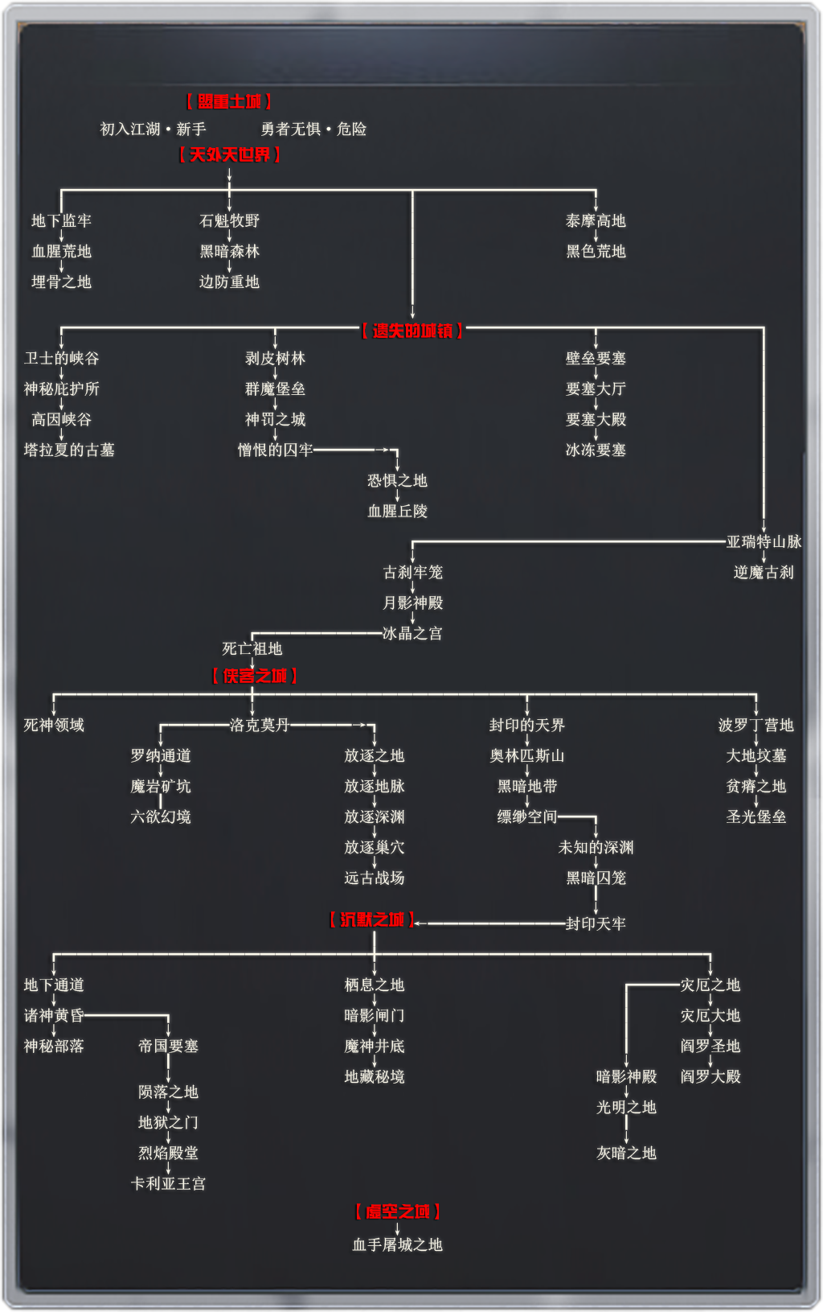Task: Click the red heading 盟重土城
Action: click(x=229, y=101)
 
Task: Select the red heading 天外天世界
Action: click(x=229, y=154)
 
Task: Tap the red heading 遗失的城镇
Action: click(x=412, y=331)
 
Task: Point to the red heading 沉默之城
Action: click(x=372, y=919)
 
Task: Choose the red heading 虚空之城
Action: click(x=397, y=1211)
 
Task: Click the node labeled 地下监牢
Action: click(x=61, y=220)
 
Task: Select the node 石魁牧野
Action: click(x=229, y=220)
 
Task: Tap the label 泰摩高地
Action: click(x=596, y=220)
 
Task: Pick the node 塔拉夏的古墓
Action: click(x=69, y=450)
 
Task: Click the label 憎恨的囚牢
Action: click(x=275, y=450)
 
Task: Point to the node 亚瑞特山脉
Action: click(x=764, y=541)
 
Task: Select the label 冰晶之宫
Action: click(x=412, y=633)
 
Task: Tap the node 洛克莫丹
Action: click(x=260, y=725)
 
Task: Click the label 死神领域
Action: click(x=54, y=725)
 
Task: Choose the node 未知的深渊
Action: click(x=596, y=847)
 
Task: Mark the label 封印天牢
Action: click(x=596, y=923)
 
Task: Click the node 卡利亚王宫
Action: click(x=168, y=1183)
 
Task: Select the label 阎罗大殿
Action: click(x=710, y=1076)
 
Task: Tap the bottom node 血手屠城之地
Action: click(x=397, y=1244)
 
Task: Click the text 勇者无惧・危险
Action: click(x=313, y=129)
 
